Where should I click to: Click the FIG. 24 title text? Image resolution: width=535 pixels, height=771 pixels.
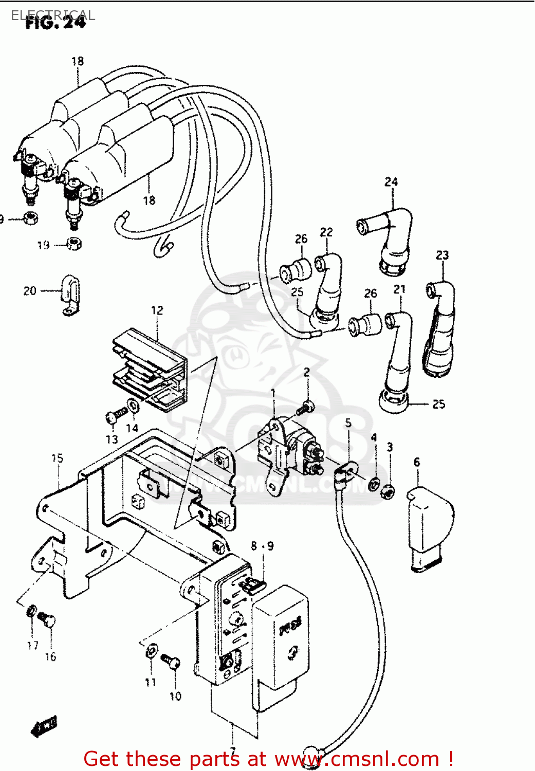click(55, 23)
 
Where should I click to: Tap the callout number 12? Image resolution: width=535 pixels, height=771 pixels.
click(157, 310)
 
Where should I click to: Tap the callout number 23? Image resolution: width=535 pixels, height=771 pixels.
click(442, 255)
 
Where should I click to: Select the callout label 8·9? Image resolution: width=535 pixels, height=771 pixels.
click(262, 546)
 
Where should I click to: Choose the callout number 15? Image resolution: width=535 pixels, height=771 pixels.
click(57, 458)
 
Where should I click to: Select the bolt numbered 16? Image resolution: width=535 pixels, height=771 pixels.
click(48, 619)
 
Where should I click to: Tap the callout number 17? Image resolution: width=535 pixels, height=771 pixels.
click(33, 646)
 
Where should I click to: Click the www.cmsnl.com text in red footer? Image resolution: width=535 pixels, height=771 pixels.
click(357, 759)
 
